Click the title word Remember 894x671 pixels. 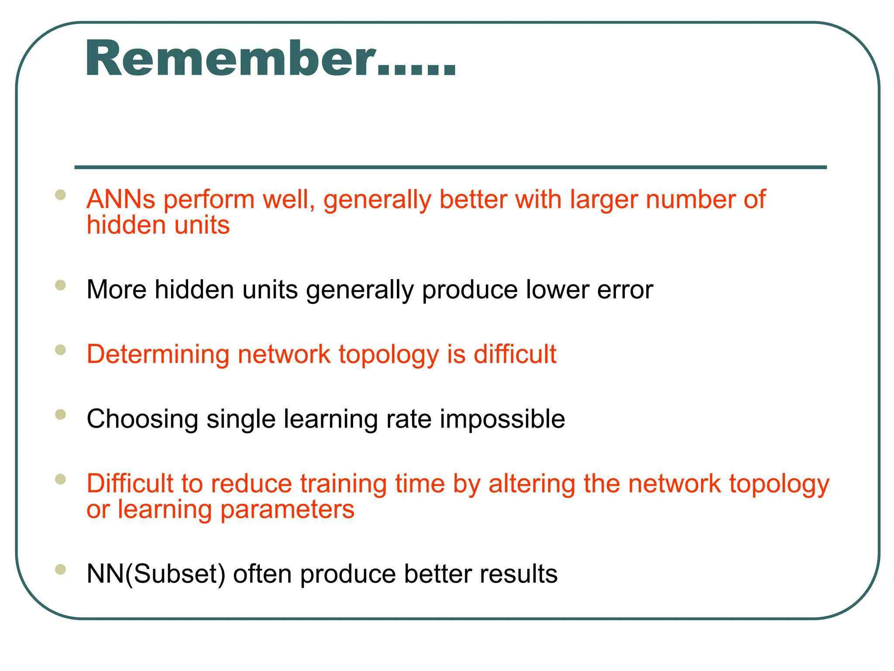pos(231,59)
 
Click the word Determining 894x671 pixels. pos(158,354)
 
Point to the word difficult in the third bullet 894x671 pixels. pos(515,354)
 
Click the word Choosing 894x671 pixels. pos(142,419)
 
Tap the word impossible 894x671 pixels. pos(502,419)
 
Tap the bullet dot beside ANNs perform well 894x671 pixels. pos(60,194)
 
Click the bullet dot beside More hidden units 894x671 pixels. pos(60,285)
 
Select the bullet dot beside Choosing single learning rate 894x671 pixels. pos(60,414)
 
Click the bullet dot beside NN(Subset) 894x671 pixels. pos(60,569)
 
